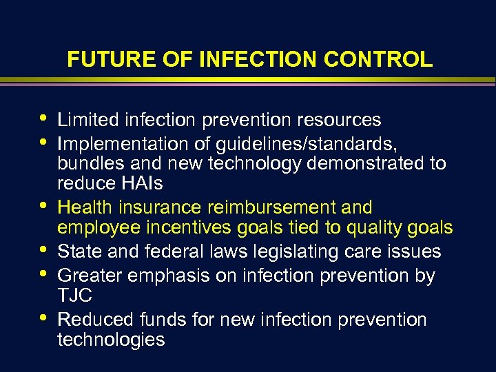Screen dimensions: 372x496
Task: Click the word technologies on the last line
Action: pos(111,340)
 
